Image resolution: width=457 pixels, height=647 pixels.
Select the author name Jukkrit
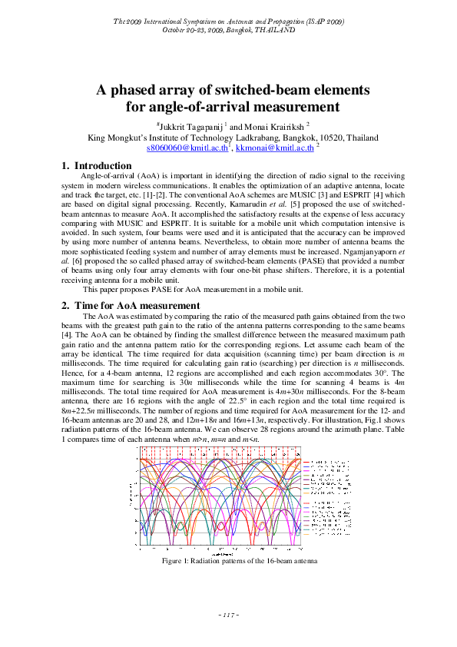(178, 126)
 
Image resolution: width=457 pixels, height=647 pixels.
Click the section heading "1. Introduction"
(96, 165)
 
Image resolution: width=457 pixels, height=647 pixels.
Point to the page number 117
(229, 614)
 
